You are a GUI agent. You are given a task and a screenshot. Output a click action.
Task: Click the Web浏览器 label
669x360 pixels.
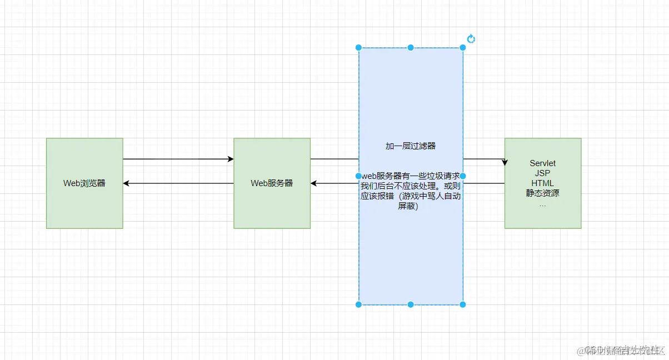[84, 183]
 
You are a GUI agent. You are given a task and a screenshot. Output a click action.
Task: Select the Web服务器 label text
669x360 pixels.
[272, 183]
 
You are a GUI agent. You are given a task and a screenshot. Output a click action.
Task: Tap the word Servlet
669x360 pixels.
[542, 163]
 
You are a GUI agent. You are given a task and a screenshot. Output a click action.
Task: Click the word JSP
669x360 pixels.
[542, 173]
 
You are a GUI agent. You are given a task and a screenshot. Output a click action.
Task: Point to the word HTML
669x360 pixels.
[542, 183]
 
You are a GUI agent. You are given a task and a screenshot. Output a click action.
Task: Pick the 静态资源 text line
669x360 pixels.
[542, 193]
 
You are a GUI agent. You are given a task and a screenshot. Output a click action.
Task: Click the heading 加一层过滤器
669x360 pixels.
[411, 146]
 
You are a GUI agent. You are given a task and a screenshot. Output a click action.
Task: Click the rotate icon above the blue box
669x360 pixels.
[471, 39]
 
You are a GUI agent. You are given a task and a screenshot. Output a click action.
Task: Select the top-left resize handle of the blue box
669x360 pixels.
[359, 48]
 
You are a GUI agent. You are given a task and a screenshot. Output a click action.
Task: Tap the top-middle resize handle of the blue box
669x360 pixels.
[411, 48]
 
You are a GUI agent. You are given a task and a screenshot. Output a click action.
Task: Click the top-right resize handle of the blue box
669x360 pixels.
[463, 48]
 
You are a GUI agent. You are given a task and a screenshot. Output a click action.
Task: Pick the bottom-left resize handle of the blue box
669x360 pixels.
[359, 304]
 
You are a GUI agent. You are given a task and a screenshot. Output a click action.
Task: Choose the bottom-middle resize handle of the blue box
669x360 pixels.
[411, 304]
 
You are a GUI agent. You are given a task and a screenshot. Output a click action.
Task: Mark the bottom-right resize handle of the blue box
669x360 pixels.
[463, 304]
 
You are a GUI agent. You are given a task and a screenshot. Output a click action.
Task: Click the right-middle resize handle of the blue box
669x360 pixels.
[463, 176]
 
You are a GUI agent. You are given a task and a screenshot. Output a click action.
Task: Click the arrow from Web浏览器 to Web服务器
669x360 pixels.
[178, 159]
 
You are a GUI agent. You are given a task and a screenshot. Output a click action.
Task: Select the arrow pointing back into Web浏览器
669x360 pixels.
[178, 183]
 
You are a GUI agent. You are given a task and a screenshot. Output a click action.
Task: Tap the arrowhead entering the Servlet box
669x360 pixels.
[505, 162]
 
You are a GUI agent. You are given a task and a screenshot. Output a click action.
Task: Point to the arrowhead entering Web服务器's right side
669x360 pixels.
[314, 183]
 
